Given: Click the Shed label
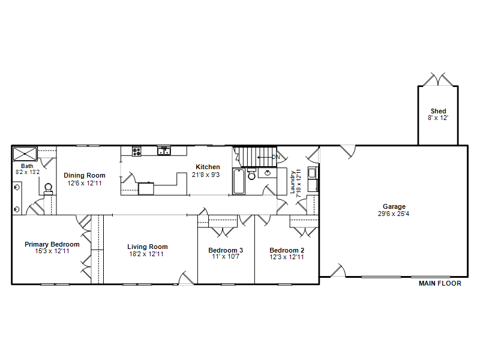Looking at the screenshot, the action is (x=438, y=111).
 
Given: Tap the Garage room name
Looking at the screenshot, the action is (x=394, y=206).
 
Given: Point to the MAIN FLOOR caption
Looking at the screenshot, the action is (x=440, y=283).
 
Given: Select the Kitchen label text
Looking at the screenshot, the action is (x=208, y=167).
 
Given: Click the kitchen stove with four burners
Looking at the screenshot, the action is (x=137, y=151).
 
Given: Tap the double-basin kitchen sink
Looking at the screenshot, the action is (x=164, y=151).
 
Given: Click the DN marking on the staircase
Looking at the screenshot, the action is (x=276, y=157).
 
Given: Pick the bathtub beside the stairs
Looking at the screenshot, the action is (x=239, y=181).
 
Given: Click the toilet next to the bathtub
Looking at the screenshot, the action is (x=251, y=174).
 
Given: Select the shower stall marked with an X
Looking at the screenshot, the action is (x=25, y=154).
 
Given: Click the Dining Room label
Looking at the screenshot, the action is (x=85, y=175).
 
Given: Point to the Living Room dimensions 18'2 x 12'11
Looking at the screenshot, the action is (x=146, y=254).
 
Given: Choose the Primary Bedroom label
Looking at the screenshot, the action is (x=52, y=244).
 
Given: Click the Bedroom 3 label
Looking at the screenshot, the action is (x=226, y=250).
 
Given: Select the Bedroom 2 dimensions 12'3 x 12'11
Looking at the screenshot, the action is (x=287, y=257).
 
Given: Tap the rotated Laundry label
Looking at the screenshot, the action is (x=293, y=182).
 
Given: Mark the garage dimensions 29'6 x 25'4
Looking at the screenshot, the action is (x=394, y=214).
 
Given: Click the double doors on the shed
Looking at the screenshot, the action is (x=438, y=79).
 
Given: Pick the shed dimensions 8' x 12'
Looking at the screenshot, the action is (x=438, y=118).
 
